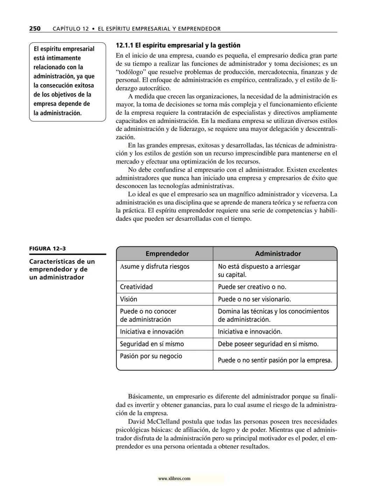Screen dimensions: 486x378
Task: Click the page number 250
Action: point(35,29)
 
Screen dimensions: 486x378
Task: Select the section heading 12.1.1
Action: point(178,45)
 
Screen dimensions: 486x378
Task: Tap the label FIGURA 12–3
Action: point(47,249)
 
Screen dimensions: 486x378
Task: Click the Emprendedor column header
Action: point(167,254)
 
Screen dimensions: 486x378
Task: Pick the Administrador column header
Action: point(278,254)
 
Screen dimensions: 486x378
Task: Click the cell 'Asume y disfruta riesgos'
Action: point(154,266)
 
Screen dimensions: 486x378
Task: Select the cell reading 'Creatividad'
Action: point(136,287)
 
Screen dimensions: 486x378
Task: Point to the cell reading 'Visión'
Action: point(128,299)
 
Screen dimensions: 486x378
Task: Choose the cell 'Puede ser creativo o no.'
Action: point(252,287)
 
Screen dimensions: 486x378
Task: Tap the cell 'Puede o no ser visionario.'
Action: point(254,299)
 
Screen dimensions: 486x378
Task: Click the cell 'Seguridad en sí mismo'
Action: point(152,344)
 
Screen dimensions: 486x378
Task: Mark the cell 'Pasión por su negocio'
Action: point(151,356)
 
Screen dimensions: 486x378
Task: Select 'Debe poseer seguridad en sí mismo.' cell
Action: point(268,344)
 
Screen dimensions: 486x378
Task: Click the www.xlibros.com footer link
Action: point(174,479)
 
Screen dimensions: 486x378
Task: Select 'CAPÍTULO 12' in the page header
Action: point(71,29)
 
